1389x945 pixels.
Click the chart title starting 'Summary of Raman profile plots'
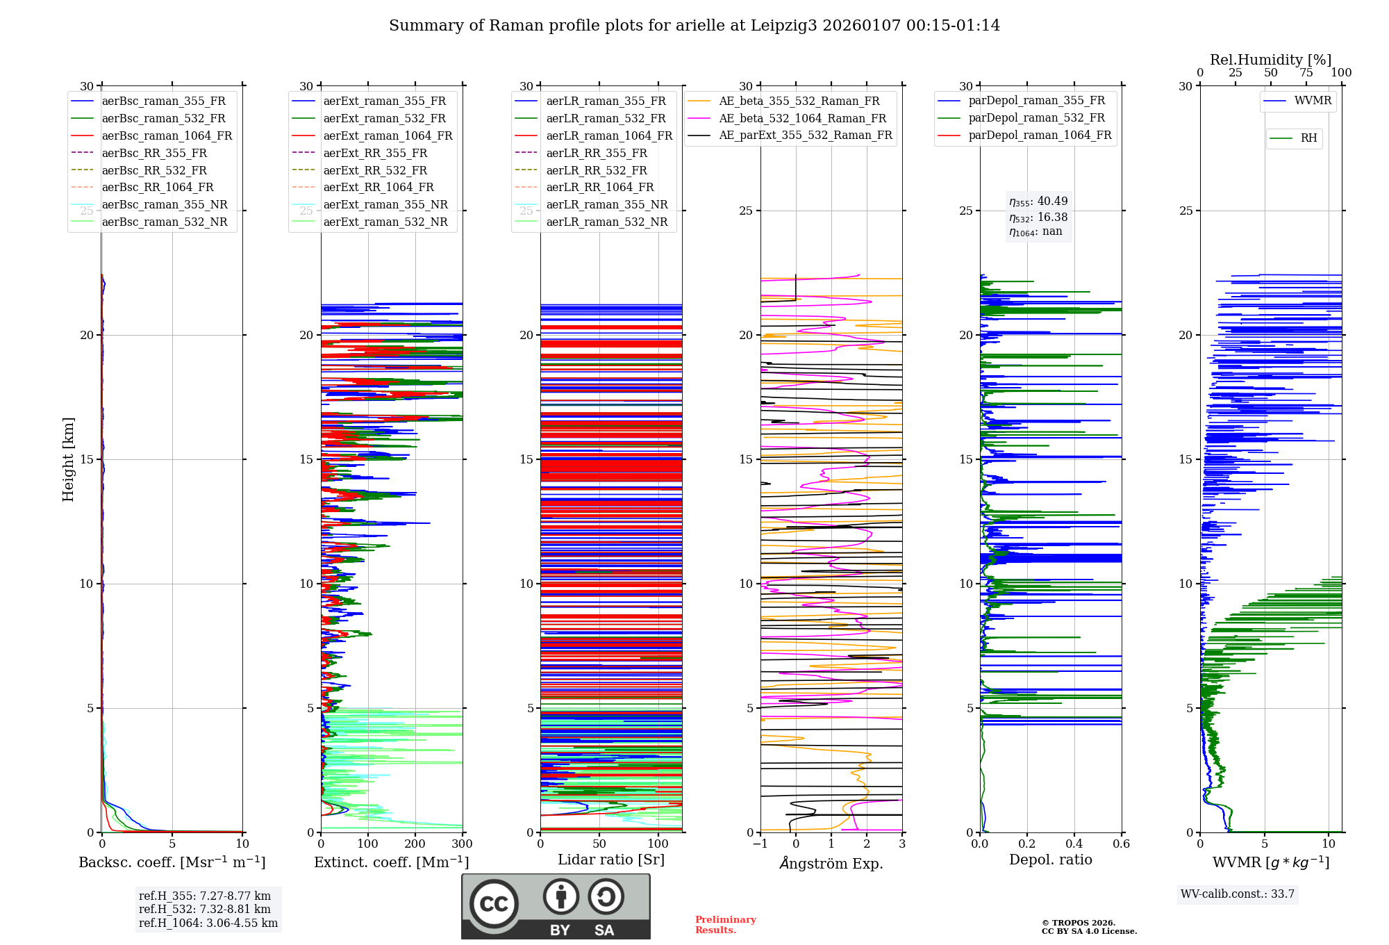694,26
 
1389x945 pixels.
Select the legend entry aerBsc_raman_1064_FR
167,135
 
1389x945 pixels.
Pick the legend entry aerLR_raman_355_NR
606,204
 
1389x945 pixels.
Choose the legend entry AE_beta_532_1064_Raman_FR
802,118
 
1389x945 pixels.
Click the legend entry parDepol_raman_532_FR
1036,118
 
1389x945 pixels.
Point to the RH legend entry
1308,138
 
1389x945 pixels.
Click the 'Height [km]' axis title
68,459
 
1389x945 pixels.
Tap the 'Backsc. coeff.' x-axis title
172,862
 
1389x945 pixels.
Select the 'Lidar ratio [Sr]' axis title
611,860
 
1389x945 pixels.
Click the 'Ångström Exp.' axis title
831,864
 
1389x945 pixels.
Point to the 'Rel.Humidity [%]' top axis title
1270,60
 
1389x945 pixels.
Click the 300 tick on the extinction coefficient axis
462,844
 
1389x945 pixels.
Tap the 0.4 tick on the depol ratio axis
1074,844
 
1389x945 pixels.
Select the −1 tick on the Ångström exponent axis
760,844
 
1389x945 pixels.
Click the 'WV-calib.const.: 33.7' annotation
1238,894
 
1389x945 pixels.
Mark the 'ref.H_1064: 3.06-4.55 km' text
208,923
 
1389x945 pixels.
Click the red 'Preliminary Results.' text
725,925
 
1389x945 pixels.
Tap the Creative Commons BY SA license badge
556,907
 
